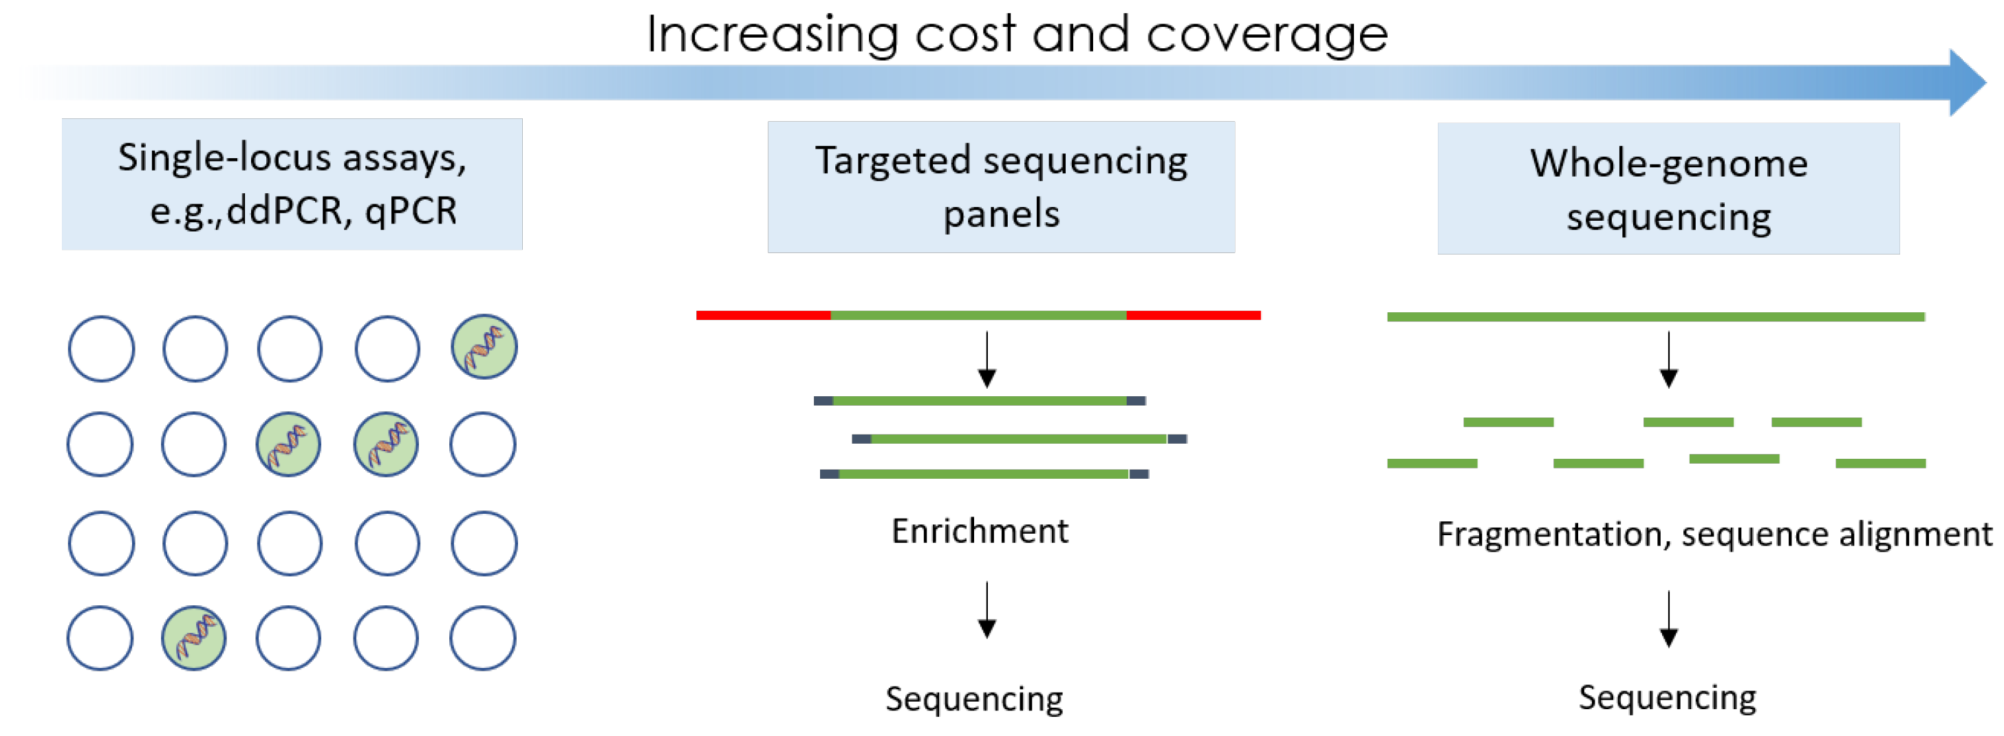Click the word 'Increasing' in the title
click(771, 35)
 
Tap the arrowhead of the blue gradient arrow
click(1967, 83)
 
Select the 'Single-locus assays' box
click(292, 184)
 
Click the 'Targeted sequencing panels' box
click(1000, 186)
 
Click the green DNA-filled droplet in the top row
click(484, 347)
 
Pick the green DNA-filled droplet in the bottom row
click(194, 638)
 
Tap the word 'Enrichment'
click(980, 532)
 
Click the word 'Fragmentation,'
click(1553, 534)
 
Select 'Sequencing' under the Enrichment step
click(974, 698)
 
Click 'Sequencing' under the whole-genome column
click(1667, 697)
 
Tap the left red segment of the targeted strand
click(762, 315)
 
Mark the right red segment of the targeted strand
click(1193, 315)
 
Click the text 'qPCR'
click(411, 211)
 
